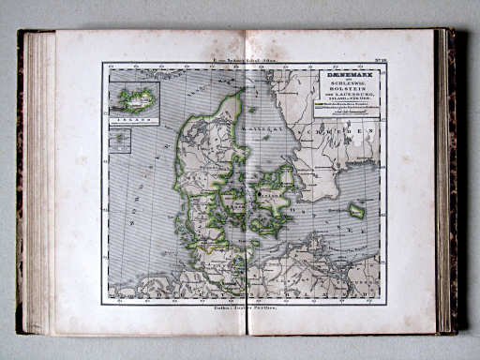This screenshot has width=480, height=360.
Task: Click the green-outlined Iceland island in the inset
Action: tap(135, 98)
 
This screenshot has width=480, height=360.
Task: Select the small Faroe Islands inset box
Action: tap(119, 141)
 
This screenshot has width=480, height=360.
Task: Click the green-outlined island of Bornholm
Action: tap(356, 210)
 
